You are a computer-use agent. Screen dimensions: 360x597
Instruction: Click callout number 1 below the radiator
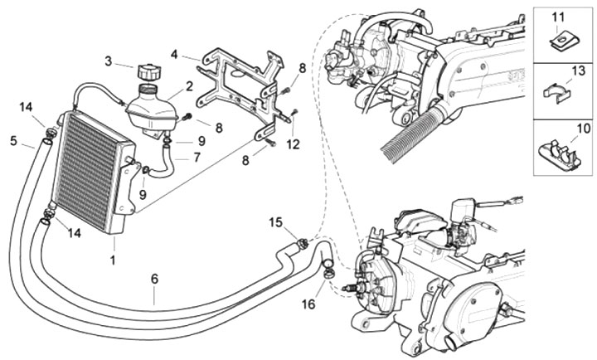click(113, 260)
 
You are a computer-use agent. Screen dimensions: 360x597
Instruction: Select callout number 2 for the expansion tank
click(189, 85)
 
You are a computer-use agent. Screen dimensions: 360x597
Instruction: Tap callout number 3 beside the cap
click(108, 61)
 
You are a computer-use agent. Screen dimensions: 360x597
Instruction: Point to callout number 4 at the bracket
click(174, 55)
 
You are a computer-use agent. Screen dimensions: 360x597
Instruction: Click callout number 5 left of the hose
click(13, 140)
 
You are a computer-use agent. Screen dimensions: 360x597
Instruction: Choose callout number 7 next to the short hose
click(197, 156)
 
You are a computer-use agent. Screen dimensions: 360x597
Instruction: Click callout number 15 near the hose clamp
click(276, 221)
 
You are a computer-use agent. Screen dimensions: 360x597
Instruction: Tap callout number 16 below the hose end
click(308, 304)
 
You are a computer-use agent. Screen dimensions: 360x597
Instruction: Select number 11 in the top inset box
click(556, 17)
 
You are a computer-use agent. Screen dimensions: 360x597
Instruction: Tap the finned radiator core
click(87, 170)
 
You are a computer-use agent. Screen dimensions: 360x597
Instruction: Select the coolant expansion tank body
click(152, 112)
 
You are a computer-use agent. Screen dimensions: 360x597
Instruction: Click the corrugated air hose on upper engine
click(411, 134)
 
